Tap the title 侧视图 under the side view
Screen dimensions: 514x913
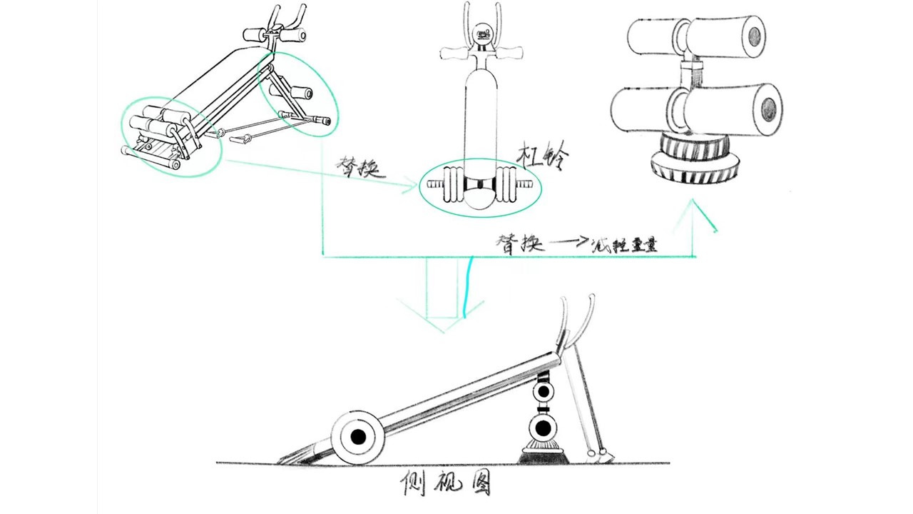(x=447, y=486)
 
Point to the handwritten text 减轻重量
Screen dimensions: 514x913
(x=624, y=245)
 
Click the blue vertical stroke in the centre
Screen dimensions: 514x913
(x=466, y=288)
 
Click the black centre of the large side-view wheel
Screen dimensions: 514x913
(x=358, y=435)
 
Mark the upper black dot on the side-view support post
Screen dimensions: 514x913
(x=544, y=391)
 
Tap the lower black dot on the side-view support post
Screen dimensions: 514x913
(x=542, y=428)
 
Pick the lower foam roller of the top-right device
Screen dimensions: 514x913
(x=695, y=109)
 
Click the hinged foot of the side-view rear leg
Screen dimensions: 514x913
(x=603, y=453)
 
